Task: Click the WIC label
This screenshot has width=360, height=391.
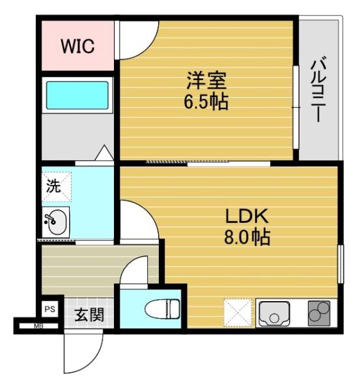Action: pyautogui.click(x=77, y=46)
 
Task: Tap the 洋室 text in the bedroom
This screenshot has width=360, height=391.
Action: pyautogui.click(x=206, y=80)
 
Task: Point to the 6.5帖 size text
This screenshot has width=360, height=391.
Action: pyautogui.click(x=206, y=102)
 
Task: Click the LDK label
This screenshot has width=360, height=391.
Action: pyautogui.click(x=247, y=216)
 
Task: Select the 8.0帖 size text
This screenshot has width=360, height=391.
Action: pyautogui.click(x=247, y=237)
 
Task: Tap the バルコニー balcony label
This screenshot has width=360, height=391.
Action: pyautogui.click(x=318, y=89)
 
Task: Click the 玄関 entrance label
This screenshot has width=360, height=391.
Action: pyautogui.click(x=89, y=315)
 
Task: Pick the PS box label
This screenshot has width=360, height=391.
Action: pyautogui.click(x=50, y=310)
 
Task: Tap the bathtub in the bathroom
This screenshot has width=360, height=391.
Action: pyautogui.click(x=77, y=95)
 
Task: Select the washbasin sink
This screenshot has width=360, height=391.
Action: pyautogui.click(x=57, y=222)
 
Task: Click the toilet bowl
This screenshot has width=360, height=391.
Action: pyautogui.click(x=163, y=309)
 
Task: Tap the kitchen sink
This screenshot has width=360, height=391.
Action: pyautogui.click(x=274, y=313)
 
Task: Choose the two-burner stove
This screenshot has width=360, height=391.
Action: pyautogui.click(x=319, y=313)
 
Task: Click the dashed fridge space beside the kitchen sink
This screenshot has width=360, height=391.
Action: pyautogui.click(x=238, y=312)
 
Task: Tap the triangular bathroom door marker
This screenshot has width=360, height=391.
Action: pyautogui.click(x=104, y=152)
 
